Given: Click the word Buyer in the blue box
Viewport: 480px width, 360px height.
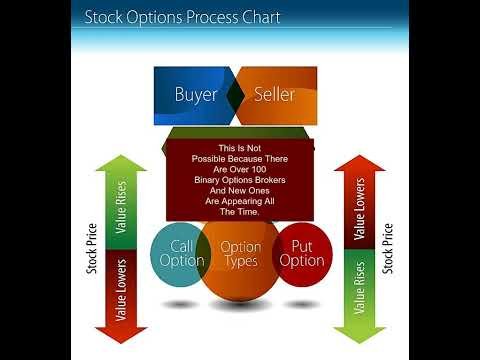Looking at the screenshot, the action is (196, 95).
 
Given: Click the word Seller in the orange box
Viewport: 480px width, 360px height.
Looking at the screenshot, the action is (274, 94).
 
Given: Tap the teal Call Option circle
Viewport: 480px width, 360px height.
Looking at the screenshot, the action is (180, 254).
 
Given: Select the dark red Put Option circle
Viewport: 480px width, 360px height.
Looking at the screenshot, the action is (302, 254).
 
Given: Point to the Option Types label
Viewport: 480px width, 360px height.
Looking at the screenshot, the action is (241, 254).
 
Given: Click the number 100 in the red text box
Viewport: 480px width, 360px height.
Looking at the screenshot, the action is (259, 169).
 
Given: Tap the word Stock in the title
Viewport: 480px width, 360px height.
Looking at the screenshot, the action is (103, 17).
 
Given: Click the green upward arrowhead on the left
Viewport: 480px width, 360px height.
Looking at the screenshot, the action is (121, 163).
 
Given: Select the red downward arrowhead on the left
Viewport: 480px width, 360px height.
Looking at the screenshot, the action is (121, 335).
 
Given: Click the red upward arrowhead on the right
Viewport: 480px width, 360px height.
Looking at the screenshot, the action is (359, 163).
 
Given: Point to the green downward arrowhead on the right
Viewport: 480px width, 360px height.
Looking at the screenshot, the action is (359, 335).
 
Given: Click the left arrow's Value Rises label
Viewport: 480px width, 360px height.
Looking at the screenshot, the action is (121, 207).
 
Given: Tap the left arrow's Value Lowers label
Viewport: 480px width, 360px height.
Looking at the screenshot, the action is (121, 290).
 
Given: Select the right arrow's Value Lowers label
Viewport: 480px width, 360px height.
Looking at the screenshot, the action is (359, 209).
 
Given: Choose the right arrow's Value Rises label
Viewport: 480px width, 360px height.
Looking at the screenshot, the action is (359, 288).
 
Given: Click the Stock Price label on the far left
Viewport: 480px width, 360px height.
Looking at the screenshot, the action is (92, 249).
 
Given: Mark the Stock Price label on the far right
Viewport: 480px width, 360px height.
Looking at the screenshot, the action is (387, 249).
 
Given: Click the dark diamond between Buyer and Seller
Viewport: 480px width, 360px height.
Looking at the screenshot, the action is (236, 95).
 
